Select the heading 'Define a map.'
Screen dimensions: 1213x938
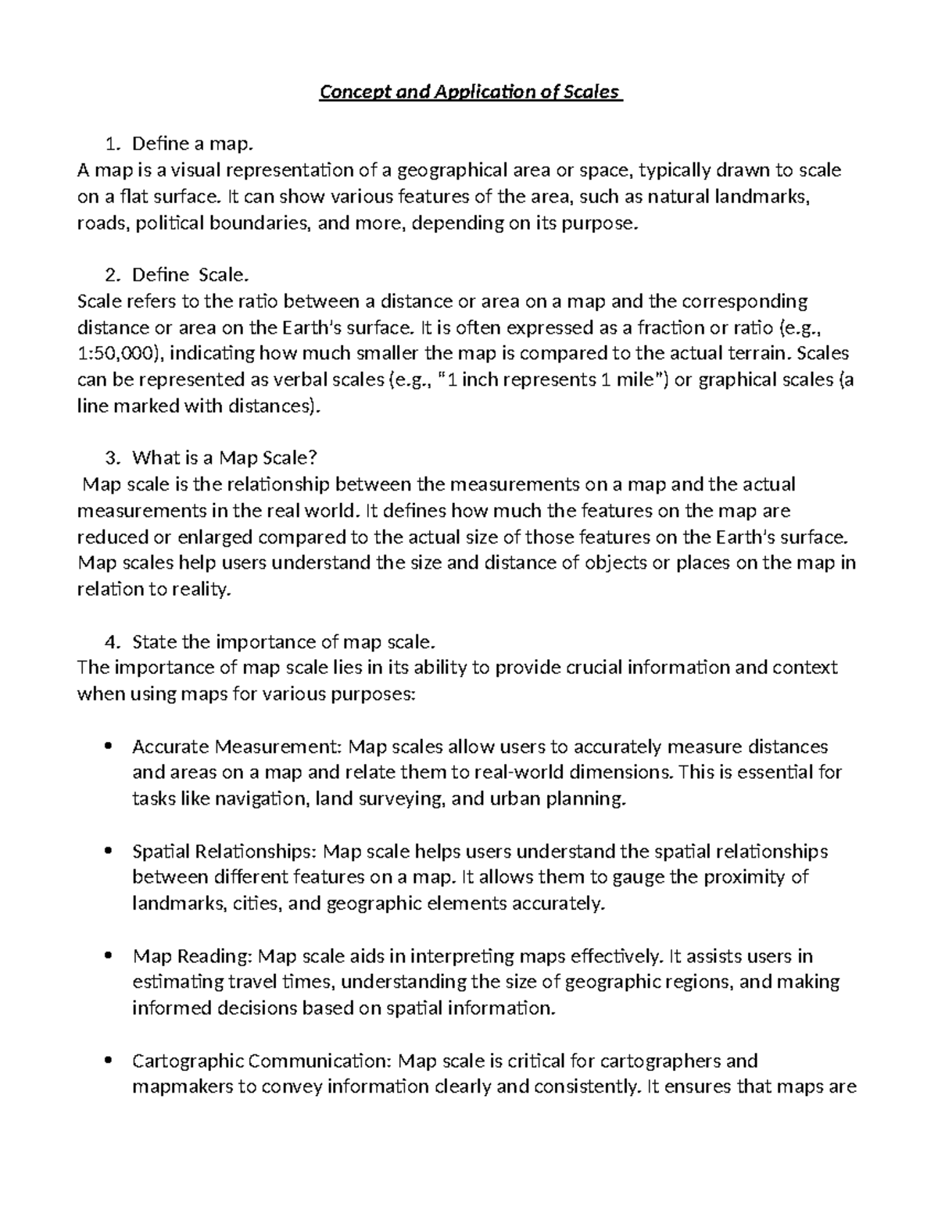click(x=193, y=144)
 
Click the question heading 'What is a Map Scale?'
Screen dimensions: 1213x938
click(x=225, y=458)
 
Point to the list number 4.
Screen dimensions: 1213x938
click(x=111, y=642)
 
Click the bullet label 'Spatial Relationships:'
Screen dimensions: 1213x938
click(x=225, y=851)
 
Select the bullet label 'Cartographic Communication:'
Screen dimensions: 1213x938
click(x=262, y=1061)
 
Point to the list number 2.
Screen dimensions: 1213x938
click(x=111, y=275)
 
